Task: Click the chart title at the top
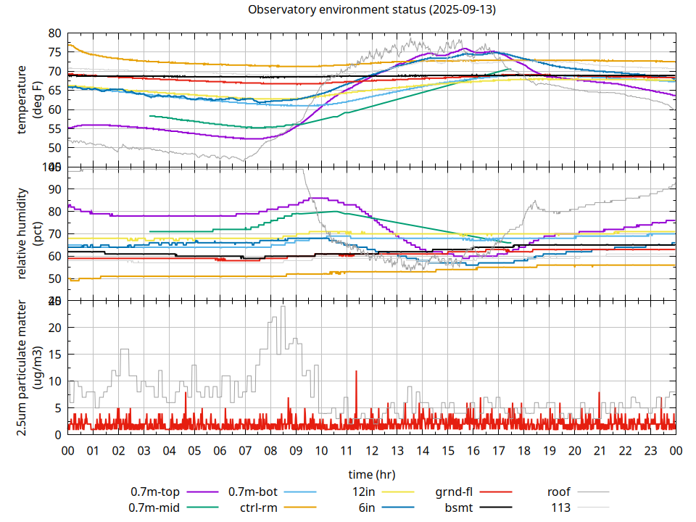pos(372,10)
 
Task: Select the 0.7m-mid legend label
pos(154,507)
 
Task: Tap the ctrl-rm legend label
pos(259,507)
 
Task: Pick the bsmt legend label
pos(457,507)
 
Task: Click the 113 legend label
pos(561,507)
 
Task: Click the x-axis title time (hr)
pos(371,474)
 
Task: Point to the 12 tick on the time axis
pos(372,450)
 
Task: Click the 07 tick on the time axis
pos(245,450)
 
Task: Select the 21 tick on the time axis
pos(600,450)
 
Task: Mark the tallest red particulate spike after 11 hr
pos(357,372)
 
